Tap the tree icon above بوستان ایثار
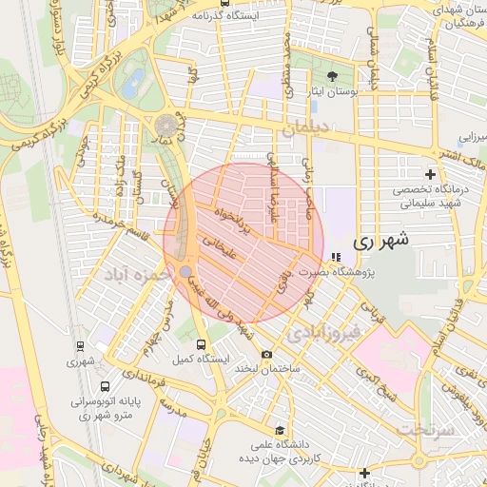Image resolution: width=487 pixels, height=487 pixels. pos(331,75)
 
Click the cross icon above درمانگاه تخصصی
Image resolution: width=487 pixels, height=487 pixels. pos(431,174)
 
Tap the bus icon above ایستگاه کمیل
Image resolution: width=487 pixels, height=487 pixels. pos(200,344)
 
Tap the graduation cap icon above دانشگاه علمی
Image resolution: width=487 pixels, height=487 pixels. pos(279,430)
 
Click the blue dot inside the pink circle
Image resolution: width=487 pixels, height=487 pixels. pos(185,272)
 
